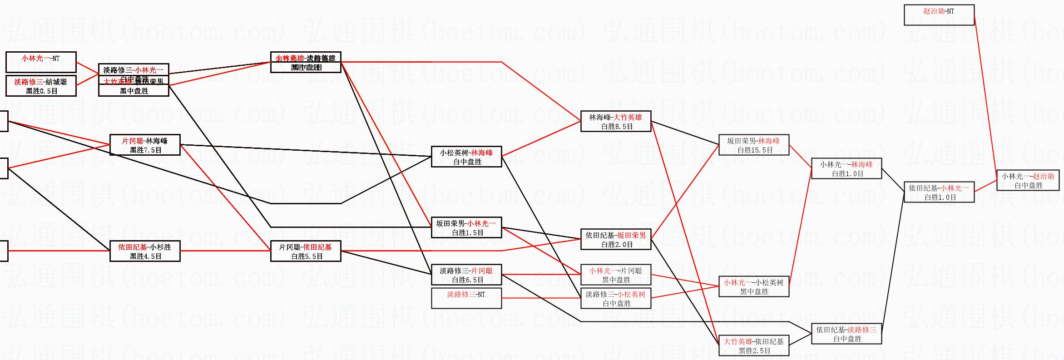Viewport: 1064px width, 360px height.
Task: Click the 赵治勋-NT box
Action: pos(939,15)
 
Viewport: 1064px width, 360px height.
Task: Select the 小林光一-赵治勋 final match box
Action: pos(1028,180)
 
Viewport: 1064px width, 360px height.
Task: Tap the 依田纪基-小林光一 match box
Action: pos(939,192)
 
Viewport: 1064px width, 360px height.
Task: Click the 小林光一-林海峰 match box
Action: pos(846,168)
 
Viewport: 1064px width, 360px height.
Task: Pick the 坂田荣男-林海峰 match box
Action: pos(753,145)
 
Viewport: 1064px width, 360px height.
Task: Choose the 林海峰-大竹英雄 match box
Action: pos(615,121)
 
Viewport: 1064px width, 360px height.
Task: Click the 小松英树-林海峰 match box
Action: pos(466,157)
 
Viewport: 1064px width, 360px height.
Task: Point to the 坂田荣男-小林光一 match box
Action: pos(466,227)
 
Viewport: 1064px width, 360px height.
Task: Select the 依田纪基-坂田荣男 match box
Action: pos(615,239)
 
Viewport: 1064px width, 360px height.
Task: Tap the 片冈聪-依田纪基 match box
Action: pos(305,251)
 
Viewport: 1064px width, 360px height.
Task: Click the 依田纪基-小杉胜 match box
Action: pos(145,251)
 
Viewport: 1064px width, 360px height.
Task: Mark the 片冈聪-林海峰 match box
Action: pos(145,145)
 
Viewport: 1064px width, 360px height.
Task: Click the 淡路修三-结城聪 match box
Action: pos(41,86)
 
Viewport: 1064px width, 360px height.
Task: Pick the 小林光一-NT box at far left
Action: pos(41,62)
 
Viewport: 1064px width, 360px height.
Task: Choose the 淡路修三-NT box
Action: pos(466,298)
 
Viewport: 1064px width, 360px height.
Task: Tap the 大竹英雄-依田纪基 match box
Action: pos(753,345)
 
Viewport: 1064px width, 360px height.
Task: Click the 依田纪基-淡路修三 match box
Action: pos(846,334)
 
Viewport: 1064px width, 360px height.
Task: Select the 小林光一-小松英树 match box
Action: pos(753,286)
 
